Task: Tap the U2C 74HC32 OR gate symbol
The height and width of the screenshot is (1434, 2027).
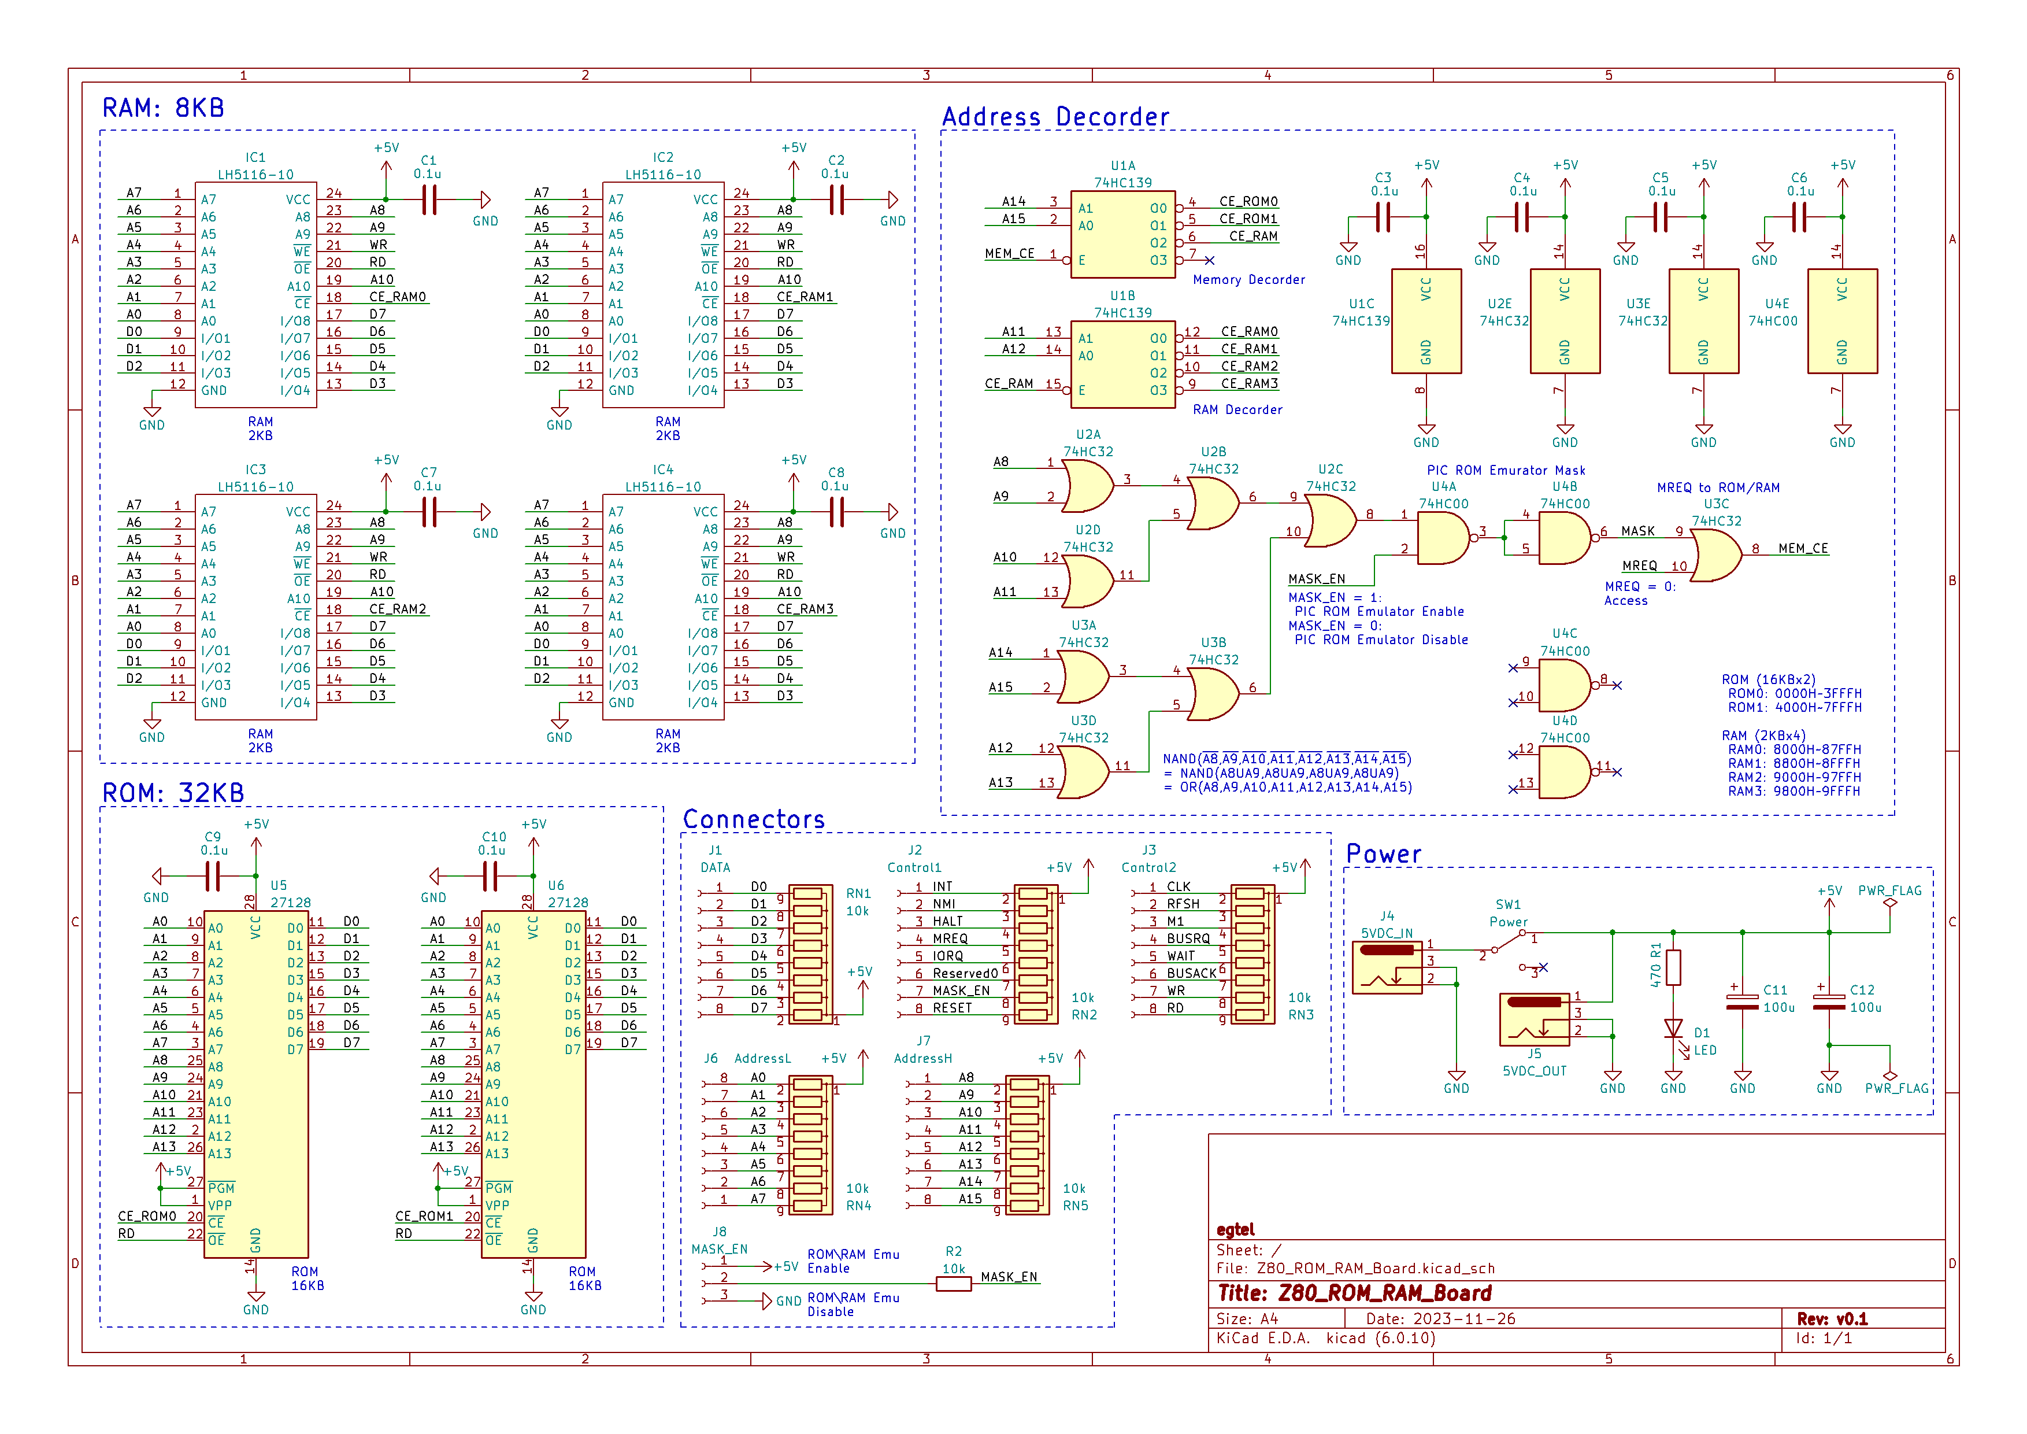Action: (1329, 521)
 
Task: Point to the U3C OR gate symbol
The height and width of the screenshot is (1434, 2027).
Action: (1715, 556)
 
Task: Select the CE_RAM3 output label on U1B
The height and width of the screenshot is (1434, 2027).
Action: (1249, 383)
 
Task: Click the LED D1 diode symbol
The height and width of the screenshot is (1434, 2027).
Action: (1673, 1030)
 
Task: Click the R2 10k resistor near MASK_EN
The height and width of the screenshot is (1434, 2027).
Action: (954, 1284)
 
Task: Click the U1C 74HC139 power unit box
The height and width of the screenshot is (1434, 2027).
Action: (1426, 321)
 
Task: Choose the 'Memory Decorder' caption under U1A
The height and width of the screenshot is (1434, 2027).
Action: (1248, 280)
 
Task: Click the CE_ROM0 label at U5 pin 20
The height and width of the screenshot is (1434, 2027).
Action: (147, 1216)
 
